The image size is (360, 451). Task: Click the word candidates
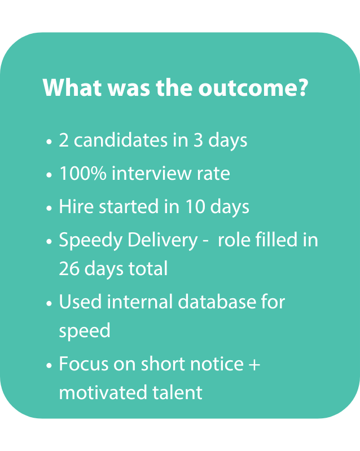click(x=121, y=140)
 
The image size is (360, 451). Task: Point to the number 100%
click(x=83, y=174)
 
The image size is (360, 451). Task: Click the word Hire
click(x=76, y=206)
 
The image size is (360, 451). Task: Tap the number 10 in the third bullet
click(x=195, y=206)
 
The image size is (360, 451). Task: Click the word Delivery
click(x=163, y=241)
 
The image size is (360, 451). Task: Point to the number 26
click(x=69, y=269)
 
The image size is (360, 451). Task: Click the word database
click(x=217, y=302)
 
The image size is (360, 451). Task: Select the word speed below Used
click(x=85, y=331)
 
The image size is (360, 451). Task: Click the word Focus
click(x=84, y=364)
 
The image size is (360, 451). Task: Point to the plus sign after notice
click(x=254, y=364)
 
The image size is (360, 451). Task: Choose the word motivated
click(x=103, y=392)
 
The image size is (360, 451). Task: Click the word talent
click(x=177, y=392)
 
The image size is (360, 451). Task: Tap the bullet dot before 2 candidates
click(x=49, y=142)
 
